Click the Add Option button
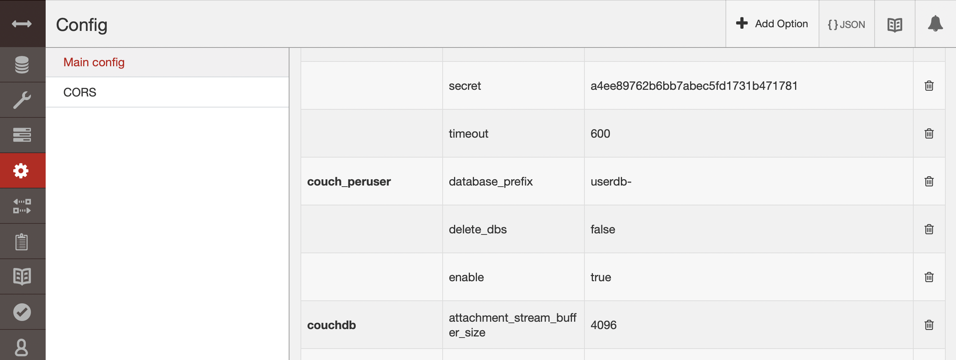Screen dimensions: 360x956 click(772, 24)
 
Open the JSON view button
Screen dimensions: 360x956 click(846, 25)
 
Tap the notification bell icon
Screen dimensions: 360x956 click(935, 24)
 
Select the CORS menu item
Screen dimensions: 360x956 click(80, 92)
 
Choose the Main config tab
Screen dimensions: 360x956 click(94, 62)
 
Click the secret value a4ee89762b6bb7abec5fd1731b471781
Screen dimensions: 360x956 click(694, 86)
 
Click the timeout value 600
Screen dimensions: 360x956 click(600, 134)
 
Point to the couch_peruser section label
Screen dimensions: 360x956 click(348, 181)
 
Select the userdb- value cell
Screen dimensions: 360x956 click(611, 181)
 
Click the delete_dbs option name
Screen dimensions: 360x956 click(477, 229)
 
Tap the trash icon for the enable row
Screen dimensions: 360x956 click(928, 277)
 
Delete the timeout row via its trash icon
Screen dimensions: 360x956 click(928, 134)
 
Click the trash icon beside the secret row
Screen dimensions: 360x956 click(928, 86)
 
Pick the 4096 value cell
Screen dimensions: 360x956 click(604, 325)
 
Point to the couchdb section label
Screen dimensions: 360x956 click(331, 325)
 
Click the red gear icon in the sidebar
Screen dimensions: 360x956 click(21, 171)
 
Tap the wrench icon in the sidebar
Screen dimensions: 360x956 click(22, 100)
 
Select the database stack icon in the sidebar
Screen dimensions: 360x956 click(22, 64)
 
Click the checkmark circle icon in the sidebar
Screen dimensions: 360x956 click(22, 312)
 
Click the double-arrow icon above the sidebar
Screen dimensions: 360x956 click(22, 24)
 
